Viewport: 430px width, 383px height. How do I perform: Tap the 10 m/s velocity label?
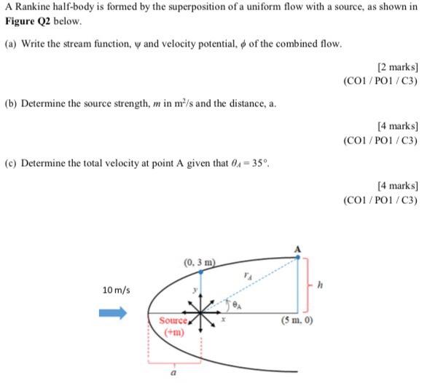[117, 290]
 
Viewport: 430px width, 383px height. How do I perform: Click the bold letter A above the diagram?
[297, 248]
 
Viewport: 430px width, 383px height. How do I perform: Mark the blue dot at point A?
[297, 256]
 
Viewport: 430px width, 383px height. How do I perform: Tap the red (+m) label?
[173, 332]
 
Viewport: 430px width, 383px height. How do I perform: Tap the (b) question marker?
[11, 103]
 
